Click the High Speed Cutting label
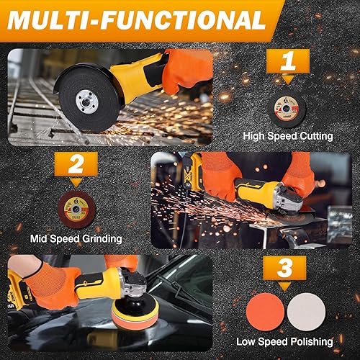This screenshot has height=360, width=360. (x=287, y=136)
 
